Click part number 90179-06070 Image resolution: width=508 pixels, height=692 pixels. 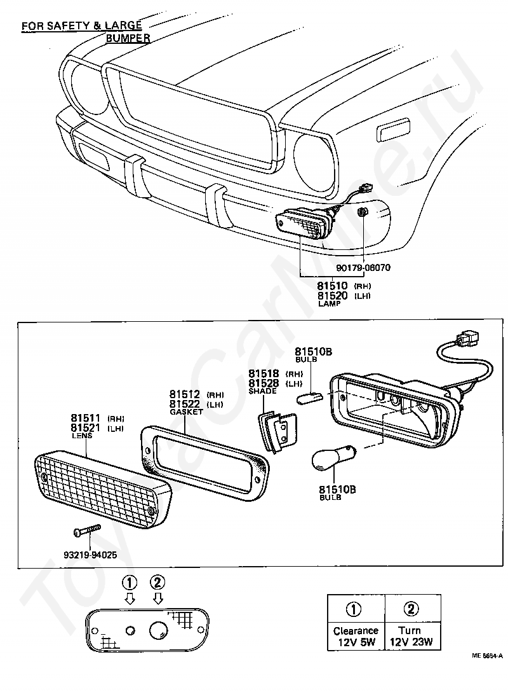pos(363,267)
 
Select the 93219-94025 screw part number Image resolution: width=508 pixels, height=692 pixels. pos(90,555)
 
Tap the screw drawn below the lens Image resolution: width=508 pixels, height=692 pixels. pos(87,530)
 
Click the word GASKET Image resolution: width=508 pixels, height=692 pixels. pos(186,412)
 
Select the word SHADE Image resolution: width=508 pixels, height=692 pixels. pos(263,391)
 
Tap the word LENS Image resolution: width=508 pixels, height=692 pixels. pos(82,436)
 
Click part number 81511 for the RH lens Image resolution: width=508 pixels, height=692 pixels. pos(86,417)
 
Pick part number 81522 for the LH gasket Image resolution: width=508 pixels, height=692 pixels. pos(185,404)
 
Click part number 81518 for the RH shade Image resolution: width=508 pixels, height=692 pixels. pos(264,373)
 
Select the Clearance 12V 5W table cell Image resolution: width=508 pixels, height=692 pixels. pos(356,622)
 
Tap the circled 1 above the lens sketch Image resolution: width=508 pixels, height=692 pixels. pos(130,583)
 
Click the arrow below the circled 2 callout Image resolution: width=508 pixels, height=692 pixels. pos(158,598)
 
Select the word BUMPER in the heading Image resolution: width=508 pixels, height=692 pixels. pos(128,38)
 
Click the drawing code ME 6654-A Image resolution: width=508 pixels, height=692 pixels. pos(487,656)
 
